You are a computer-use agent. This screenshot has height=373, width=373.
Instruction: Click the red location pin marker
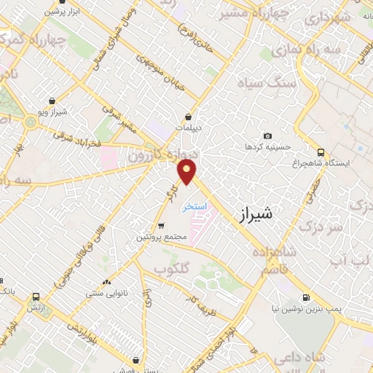point(187,172)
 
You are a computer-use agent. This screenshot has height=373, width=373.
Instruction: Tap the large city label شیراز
point(256,215)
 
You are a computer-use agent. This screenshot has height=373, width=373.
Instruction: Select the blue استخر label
point(195,206)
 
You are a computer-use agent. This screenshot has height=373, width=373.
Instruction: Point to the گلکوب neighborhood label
point(171,267)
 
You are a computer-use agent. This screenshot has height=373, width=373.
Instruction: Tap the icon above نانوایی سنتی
point(107,282)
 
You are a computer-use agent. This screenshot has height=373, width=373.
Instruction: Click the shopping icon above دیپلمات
point(189,116)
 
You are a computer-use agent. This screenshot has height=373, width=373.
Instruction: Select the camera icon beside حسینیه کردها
point(268,136)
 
